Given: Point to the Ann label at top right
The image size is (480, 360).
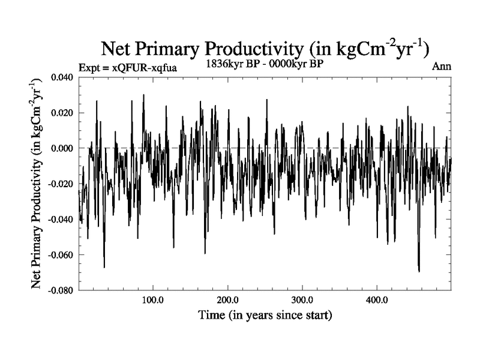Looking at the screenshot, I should (442, 66).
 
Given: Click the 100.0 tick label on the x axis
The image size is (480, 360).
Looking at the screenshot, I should (153, 300).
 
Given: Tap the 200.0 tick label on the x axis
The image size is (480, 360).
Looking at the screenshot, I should (227, 300).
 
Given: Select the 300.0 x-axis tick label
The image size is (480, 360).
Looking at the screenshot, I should (302, 300).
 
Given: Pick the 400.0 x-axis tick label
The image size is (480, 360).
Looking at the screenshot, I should (376, 300).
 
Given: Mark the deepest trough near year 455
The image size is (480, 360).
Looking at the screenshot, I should (419, 272).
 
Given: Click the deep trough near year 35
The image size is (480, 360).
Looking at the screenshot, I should (104, 267).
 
